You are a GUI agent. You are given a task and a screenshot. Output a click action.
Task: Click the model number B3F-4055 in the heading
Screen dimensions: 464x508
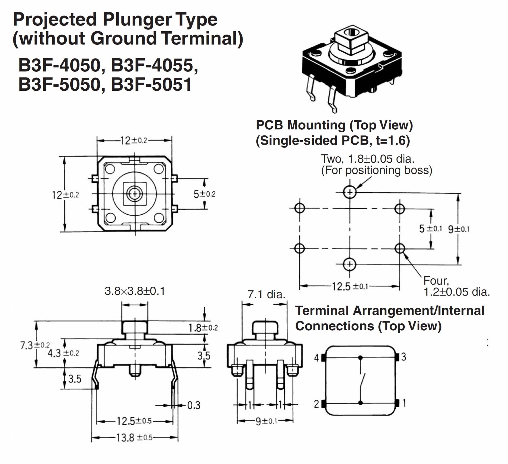tap(154, 65)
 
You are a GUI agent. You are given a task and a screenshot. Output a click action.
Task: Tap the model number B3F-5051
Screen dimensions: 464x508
tap(151, 85)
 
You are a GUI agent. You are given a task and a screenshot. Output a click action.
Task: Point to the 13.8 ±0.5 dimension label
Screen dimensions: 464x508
tap(134, 437)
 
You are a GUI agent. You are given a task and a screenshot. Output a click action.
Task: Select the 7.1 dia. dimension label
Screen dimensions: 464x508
tap(266, 295)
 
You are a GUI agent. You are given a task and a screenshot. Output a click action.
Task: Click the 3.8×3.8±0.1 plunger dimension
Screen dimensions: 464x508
tap(135, 291)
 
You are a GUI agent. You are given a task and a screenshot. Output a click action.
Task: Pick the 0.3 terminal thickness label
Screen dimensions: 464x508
tap(194, 405)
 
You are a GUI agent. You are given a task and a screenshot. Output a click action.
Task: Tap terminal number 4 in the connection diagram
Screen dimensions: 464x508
tap(316, 358)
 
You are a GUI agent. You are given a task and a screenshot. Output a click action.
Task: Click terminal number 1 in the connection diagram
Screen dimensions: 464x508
tap(404, 403)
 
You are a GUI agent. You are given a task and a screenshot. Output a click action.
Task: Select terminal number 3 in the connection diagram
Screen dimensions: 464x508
tap(404, 357)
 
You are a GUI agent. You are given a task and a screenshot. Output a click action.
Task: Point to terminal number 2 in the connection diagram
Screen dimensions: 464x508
tap(316, 404)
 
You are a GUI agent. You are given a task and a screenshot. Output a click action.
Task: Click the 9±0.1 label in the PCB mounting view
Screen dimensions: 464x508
tap(458, 229)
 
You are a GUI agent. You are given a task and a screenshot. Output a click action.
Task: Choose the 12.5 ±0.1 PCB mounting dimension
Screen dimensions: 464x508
tap(350, 287)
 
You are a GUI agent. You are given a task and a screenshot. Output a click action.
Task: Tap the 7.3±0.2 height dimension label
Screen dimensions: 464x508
tap(35, 345)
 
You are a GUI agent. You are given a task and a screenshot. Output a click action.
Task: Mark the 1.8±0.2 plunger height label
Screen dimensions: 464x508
tap(203, 328)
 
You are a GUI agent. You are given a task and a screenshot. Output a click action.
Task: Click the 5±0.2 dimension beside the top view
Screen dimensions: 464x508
tap(204, 194)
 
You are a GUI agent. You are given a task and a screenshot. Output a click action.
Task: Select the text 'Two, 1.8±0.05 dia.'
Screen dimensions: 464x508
tap(368, 159)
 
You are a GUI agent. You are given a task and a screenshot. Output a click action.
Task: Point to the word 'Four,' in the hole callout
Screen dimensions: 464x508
tap(436, 281)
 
